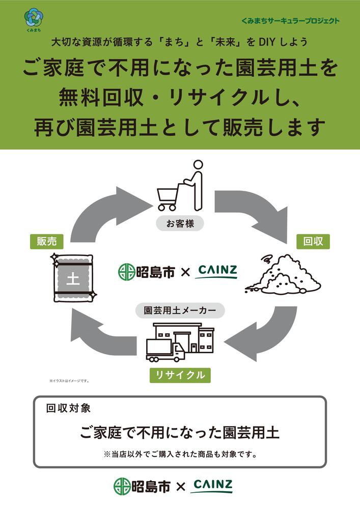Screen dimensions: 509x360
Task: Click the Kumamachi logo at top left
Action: click(x=33, y=18)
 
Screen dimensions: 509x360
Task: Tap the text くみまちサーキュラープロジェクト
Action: click(x=291, y=21)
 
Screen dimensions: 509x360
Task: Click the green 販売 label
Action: click(x=46, y=241)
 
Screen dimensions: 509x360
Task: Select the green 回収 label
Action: click(x=313, y=241)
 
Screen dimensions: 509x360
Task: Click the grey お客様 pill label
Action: click(x=179, y=223)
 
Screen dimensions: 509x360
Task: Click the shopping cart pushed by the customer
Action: click(x=169, y=199)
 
